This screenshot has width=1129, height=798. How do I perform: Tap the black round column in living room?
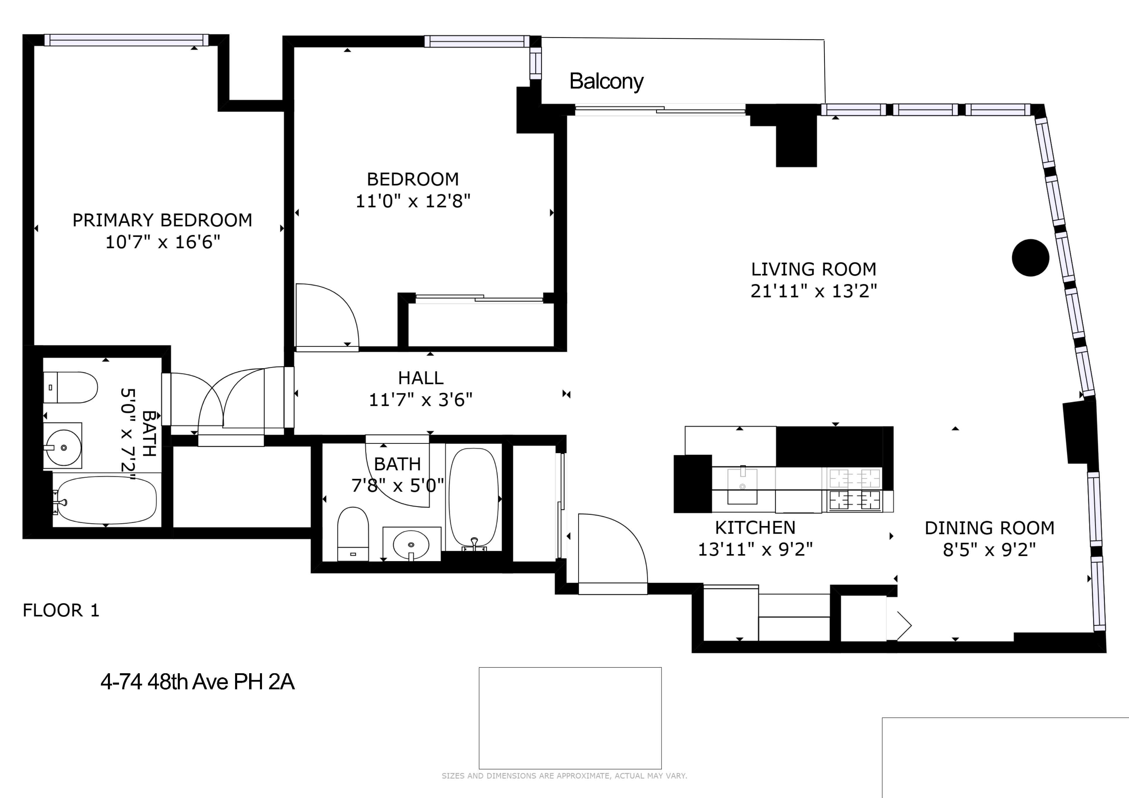(x=1031, y=257)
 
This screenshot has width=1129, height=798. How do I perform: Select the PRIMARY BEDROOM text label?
(x=162, y=220)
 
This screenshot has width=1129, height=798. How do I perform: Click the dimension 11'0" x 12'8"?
(x=413, y=201)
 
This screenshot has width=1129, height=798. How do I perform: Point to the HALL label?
(x=421, y=378)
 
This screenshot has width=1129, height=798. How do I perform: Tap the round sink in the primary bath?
(x=63, y=447)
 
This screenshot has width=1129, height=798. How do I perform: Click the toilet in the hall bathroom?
(x=353, y=534)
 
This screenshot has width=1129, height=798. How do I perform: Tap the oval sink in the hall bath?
(x=411, y=544)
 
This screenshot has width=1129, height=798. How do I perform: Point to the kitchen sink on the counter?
(x=742, y=485)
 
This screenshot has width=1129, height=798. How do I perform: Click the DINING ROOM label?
(x=989, y=528)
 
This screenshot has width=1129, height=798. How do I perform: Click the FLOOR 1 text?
(x=61, y=610)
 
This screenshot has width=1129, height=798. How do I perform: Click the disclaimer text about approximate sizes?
(x=564, y=776)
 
